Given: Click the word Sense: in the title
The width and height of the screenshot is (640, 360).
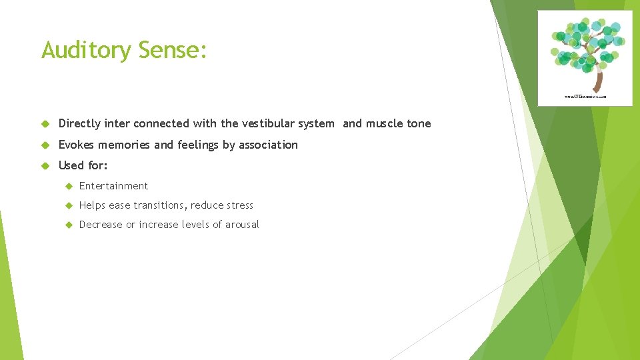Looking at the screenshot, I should click(173, 49).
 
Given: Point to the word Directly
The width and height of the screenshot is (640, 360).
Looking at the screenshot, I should click(79, 123).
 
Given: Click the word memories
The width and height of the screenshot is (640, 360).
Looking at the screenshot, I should click(125, 145).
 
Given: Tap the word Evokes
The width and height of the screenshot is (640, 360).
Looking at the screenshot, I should click(77, 145).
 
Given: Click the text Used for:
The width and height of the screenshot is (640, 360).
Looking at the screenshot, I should click(83, 165).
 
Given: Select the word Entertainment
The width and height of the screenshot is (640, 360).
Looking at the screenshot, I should click(113, 186).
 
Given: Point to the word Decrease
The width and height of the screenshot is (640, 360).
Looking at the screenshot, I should click(101, 225).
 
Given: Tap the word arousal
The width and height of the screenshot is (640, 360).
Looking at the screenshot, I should click(242, 225).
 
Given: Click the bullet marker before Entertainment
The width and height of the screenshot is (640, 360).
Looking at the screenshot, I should click(67, 186).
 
